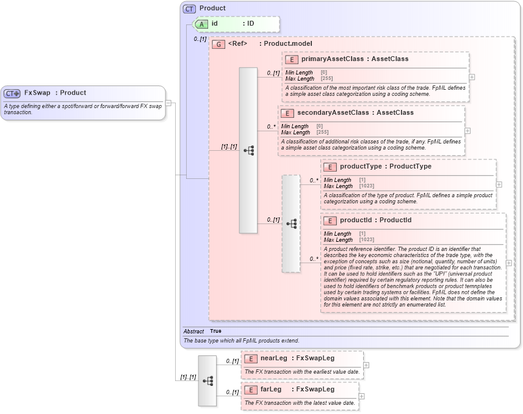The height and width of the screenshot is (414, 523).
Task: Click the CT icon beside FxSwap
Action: pos(12,93)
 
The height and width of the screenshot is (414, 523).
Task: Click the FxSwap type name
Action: pos(37,93)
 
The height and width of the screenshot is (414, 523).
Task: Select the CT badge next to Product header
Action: pos(190,9)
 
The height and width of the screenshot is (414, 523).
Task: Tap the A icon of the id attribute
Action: pos(201,24)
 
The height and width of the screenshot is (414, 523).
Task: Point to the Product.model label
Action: pos(287,44)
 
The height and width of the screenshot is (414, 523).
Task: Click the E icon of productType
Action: pos(330,167)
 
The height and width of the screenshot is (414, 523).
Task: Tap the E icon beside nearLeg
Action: pos(250,359)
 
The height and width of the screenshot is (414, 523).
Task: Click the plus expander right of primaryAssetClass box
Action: pos(472,78)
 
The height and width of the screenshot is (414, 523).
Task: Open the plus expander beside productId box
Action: pos(509,263)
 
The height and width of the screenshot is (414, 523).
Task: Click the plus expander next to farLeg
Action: pos(361,396)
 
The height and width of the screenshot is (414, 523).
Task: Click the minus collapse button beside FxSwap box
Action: pos(168,103)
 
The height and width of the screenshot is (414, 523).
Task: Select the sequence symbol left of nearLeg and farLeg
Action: pos(207,380)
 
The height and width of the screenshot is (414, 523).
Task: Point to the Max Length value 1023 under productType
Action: pos(367,186)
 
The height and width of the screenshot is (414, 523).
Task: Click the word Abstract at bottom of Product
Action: pos(193,331)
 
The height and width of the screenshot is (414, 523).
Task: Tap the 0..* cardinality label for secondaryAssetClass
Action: pos(271,127)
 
